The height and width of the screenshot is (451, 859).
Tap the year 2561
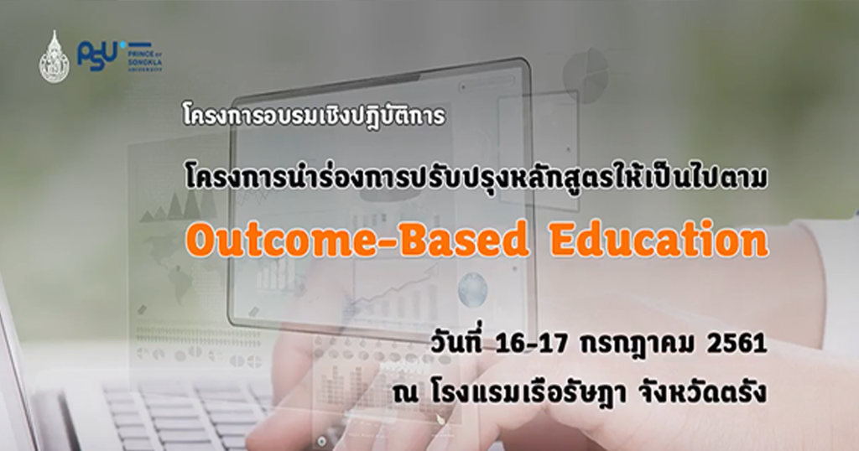pyautogui.click(x=733, y=345)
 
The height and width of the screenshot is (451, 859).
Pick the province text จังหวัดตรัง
pyautogui.click(x=712, y=392)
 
